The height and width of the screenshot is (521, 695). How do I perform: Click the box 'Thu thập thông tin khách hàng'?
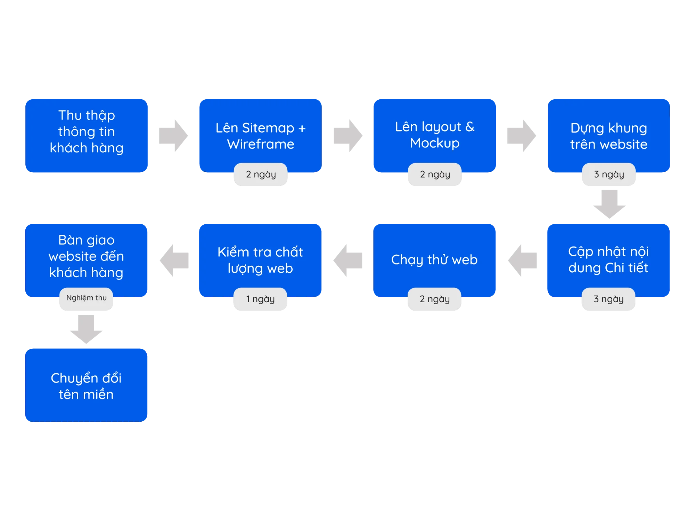(87, 136)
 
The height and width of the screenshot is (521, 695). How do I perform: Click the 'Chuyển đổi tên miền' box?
(86, 385)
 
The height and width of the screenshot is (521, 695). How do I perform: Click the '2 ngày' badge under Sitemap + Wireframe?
(261, 174)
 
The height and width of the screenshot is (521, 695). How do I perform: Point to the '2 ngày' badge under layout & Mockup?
(435, 174)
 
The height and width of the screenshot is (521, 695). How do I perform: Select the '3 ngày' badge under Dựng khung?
(609, 174)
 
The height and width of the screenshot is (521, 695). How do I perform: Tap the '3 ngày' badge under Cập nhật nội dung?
(608, 299)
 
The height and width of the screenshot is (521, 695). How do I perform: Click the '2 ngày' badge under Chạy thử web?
(434, 299)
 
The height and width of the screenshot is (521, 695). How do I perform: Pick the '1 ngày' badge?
(260, 299)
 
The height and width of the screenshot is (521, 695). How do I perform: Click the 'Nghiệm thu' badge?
(86, 298)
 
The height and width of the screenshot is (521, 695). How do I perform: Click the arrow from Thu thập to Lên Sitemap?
(173, 136)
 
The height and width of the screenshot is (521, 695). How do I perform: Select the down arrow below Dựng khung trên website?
(610, 204)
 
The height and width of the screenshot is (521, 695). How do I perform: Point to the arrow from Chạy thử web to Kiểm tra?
(348, 260)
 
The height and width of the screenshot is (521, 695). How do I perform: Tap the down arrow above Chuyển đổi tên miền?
(86, 329)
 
